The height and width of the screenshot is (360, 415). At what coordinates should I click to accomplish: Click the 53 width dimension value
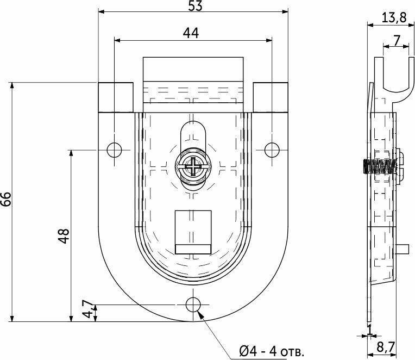coord(196,6)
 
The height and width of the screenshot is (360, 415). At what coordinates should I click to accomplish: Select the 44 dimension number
coord(191,33)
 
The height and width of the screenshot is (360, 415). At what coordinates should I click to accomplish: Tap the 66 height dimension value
coord(6,199)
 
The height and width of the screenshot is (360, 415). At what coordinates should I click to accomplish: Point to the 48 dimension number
coord(64,236)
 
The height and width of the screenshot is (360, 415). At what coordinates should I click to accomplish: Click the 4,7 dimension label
coord(87,309)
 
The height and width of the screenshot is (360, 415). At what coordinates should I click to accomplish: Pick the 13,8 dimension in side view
coord(394,18)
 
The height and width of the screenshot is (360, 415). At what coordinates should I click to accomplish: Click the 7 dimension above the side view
coord(396,40)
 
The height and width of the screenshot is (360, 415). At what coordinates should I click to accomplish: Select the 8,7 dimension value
coord(386,347)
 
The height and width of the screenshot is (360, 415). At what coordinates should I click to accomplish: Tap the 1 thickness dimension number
coord(370,330)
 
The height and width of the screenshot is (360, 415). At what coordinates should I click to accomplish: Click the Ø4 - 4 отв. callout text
coord(272,352)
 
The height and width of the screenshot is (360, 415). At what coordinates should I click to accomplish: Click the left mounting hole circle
coord(114,150)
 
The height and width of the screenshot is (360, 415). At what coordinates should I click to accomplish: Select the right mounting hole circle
coord(272,150)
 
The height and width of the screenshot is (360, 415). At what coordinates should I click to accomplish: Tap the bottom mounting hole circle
coord(193,305)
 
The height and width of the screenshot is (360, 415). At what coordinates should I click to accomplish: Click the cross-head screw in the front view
coord(193,166)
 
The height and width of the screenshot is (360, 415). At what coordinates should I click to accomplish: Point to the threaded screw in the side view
coord(380,166)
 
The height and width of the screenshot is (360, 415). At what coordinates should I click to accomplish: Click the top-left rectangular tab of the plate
coord(116,97)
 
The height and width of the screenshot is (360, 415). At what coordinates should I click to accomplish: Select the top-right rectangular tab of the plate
coord(271,97)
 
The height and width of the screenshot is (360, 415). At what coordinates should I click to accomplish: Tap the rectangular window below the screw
coord(193,232)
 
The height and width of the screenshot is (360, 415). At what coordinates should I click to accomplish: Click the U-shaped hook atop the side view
coord(394,79)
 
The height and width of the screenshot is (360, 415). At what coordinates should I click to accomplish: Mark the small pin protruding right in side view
coord(403,249)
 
